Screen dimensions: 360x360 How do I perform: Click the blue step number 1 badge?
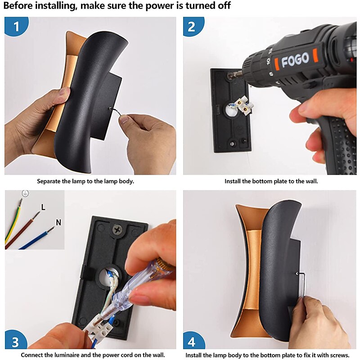coord(16,26)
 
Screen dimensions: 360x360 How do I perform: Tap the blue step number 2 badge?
coord(193,26)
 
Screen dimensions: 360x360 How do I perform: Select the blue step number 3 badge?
coord(16,341)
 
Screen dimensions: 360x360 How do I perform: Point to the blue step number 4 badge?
coord(193,341)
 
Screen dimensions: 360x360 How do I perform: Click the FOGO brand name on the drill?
coord(295,59)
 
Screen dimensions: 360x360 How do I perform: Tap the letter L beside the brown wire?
coord(43,207)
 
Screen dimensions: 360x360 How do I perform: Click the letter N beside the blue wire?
coord(58,222)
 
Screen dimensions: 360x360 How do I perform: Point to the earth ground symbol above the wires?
coord(25,193)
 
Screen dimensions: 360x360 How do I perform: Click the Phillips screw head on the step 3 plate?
coord(117,229)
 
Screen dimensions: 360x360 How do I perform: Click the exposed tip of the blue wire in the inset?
coord(51,229)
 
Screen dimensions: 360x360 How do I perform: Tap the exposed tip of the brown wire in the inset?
coord(36,216)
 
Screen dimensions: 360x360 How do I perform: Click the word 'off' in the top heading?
coord(224,5)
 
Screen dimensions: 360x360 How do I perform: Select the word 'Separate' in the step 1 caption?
coord(49,181)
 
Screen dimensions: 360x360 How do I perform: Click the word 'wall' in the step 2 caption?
coord(312,181)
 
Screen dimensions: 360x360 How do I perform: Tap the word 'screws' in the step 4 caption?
coord(339,355)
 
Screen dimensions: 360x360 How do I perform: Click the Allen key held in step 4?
coord(301,285)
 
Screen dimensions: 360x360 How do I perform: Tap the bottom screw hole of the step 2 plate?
coord(232,144)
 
